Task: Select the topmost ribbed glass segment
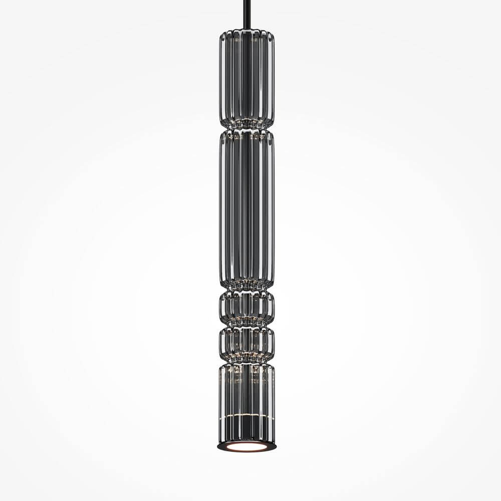tap(246, 78)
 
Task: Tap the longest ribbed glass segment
tap(246, 210)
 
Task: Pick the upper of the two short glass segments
tap(246, 307)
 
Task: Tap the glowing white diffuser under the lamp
tap(246, 446)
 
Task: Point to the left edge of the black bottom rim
tap(219, 445)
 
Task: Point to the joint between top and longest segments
tap(246, 129)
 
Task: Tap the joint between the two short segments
tap(246, 325)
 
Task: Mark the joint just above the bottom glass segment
tap(246, 362)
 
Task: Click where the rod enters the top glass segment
tap(246, 31)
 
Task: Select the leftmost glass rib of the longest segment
tap(221, 210)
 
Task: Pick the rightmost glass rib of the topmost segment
tap(272, 78)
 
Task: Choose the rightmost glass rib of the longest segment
tap(272, 210)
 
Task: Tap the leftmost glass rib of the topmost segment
tap(221, 78)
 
